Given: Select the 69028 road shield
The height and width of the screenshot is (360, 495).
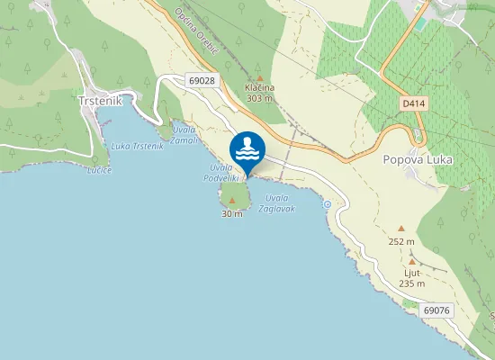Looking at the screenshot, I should [x=202, y=80].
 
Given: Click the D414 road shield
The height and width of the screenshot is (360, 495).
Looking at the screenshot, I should [x=412, y=103].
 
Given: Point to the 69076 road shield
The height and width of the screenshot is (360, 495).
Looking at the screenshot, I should [x=436, y=310].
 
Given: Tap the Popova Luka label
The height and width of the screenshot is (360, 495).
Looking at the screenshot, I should [x=418, y=160].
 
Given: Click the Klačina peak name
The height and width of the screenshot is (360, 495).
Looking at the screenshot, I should [x=259, y=87].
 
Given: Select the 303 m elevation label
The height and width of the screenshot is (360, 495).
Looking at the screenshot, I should [x=259, y=98].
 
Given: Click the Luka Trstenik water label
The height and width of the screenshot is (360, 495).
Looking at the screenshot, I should [x=138, y=146].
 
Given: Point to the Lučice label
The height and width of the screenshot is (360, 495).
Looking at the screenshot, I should [x=99, y=169].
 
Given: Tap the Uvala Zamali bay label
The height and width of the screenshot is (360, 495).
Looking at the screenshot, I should [x=184, y=135].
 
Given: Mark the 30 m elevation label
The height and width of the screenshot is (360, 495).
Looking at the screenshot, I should [x=232, y=214].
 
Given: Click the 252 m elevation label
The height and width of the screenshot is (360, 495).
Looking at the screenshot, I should [x=401, y=241].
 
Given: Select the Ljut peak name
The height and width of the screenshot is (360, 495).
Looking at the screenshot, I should [x=412, y=273].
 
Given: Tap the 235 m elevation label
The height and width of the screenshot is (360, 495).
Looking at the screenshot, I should [x=412, y=283].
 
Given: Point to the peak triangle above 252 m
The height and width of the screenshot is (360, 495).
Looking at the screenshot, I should [x=401, y=229].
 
